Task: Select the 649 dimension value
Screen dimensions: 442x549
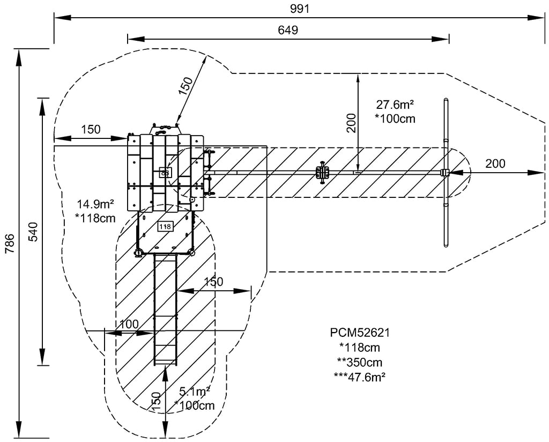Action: [x=288, y=30]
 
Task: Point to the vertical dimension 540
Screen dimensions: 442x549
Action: [x=33, y=232]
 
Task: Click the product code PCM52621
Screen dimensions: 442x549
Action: [x=360, y=333]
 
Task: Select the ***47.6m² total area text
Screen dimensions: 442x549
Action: [x=359, y=376]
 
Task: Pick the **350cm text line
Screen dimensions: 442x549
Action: [x=359, y=362]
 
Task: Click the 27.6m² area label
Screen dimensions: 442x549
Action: [x=396, y=105]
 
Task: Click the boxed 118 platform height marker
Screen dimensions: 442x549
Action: [x=165, y=226]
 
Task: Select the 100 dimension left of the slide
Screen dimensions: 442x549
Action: [x=129, y=323]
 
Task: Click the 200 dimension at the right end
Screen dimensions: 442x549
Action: [x=495, y=164]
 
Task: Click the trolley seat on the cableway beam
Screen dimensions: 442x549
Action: [x=322, y=172]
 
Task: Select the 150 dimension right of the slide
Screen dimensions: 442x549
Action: [x=213, y=282]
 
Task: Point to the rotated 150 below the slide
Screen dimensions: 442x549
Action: [x=155, y=402]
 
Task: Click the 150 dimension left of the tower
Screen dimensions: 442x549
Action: [x=91, y=129]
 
